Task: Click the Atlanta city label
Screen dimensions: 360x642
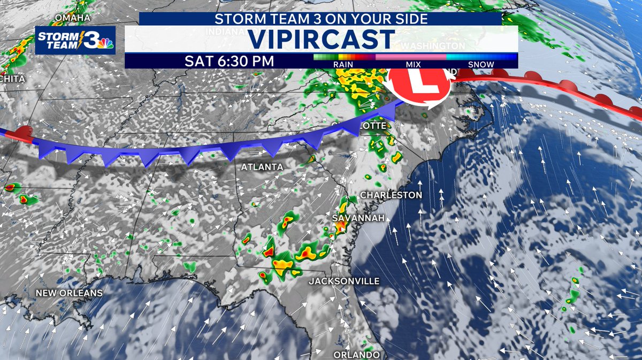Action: [262, 167]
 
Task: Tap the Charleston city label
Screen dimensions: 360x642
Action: [391, 195]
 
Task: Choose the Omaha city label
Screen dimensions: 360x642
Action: [73, 18]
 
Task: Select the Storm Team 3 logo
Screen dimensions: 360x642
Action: [75, 40]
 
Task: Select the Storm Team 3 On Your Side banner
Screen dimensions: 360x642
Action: [320, 19]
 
